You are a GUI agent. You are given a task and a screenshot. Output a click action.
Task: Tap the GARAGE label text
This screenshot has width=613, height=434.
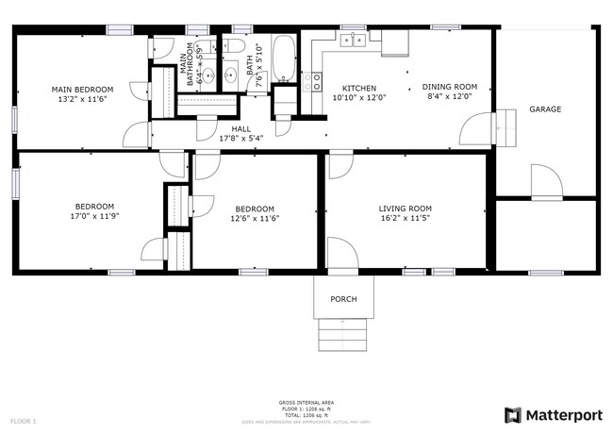click(544, 109)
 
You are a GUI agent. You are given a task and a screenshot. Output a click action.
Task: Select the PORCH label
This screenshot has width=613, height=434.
click(343, 299)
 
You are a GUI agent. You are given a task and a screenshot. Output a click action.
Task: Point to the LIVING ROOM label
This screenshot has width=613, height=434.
click(405, 209)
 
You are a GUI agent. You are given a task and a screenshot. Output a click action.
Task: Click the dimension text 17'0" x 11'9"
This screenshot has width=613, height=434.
click(94, 216)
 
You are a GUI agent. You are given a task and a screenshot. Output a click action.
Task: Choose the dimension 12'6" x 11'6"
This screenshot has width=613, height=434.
click(255, 218)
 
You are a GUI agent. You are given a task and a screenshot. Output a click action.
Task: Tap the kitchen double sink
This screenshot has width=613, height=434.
click(354, 40)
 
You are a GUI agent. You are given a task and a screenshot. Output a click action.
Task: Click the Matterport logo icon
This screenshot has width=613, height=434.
click(513, 415)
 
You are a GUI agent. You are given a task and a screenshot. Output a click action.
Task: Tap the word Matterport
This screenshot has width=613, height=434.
click(564, 415)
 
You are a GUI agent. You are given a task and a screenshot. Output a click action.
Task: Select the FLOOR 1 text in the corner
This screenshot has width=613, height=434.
click(23, 420)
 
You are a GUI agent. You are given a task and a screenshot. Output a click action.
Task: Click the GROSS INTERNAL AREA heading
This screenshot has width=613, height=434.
click(306, 402)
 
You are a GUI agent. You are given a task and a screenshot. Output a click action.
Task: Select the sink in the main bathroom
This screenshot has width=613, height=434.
click(229, 75)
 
